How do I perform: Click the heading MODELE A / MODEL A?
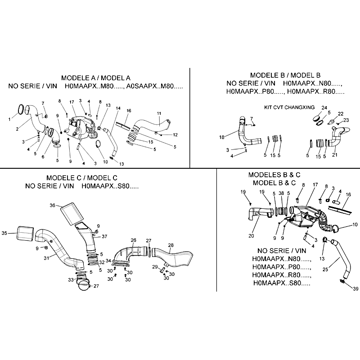[x=96, y=78]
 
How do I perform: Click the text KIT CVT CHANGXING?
[x=289, y=108]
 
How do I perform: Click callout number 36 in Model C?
[x=53, y=205]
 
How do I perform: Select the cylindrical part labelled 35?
[x=26, y=234]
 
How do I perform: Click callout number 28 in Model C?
[x=171, y=245]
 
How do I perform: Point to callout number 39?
[x=355, y=288]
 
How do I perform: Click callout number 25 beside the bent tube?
[x=325, y=269]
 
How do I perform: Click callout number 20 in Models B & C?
[x=251, y=236]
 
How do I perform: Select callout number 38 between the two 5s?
[x=281, y=193]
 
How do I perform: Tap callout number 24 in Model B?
[x=324, y=108]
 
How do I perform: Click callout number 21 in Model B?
[x=335, y=155]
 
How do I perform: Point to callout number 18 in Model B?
[x=222, y=137]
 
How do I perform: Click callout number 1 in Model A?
[x=9, y=119]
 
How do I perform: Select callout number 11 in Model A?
[x=159, y=113]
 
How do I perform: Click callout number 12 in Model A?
[x=175, y=135]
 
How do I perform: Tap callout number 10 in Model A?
[x=105, y=162]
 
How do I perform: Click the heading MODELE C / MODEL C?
[x=82, y=178]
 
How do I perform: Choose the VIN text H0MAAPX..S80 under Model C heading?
[x=110, y=186]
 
